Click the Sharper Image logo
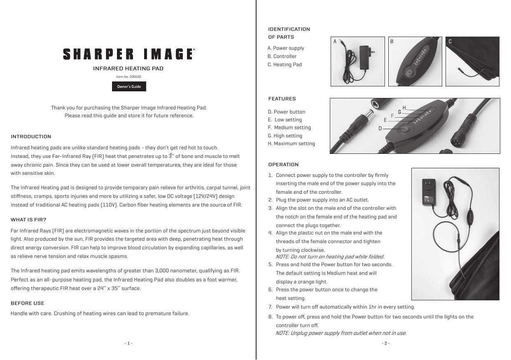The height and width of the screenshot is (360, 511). [x=128, y=54]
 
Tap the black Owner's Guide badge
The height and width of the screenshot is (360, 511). [x=129, y=87]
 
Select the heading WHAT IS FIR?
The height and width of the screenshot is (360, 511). [x=28, y=219]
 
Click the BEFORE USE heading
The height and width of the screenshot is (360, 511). [x=27, y=303]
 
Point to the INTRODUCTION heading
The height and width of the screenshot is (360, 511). [x=31, y=137]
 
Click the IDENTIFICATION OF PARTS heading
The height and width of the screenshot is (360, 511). [x=289, y=33]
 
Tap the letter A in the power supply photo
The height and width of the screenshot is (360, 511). [x=335, y=42]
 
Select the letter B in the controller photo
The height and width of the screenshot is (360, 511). [x=392, y=42]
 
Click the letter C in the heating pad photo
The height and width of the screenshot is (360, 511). [x=450, y=42]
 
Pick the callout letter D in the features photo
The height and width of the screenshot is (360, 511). [x=380, y=128]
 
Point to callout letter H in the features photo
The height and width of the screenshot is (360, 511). [x=404, y=108]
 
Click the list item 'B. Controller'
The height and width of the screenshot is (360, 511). [x=282, y=56]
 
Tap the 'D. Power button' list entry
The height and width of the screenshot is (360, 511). [x=287, y=112]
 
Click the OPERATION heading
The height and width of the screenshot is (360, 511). [x=283, y=165]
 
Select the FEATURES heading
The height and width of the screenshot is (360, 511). [x=282, y=99]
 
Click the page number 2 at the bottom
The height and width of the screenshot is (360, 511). [x=385, y=343]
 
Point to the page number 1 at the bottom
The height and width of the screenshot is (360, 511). [x=128, y=343]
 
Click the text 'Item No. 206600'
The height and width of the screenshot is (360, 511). [x=129, y=77]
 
